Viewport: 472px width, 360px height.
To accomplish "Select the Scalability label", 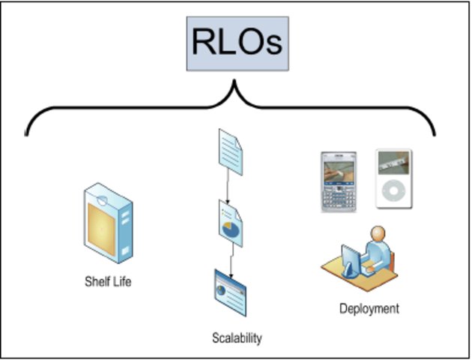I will click(x=237, y=338).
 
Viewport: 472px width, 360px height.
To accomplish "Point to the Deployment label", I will click(x=369, y=308).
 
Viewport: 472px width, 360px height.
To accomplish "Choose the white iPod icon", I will click(x=393, y=180).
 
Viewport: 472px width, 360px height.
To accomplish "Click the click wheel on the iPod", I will click(x=393, y=193).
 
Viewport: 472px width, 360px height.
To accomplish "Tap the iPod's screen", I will click(x=393, y=162).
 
